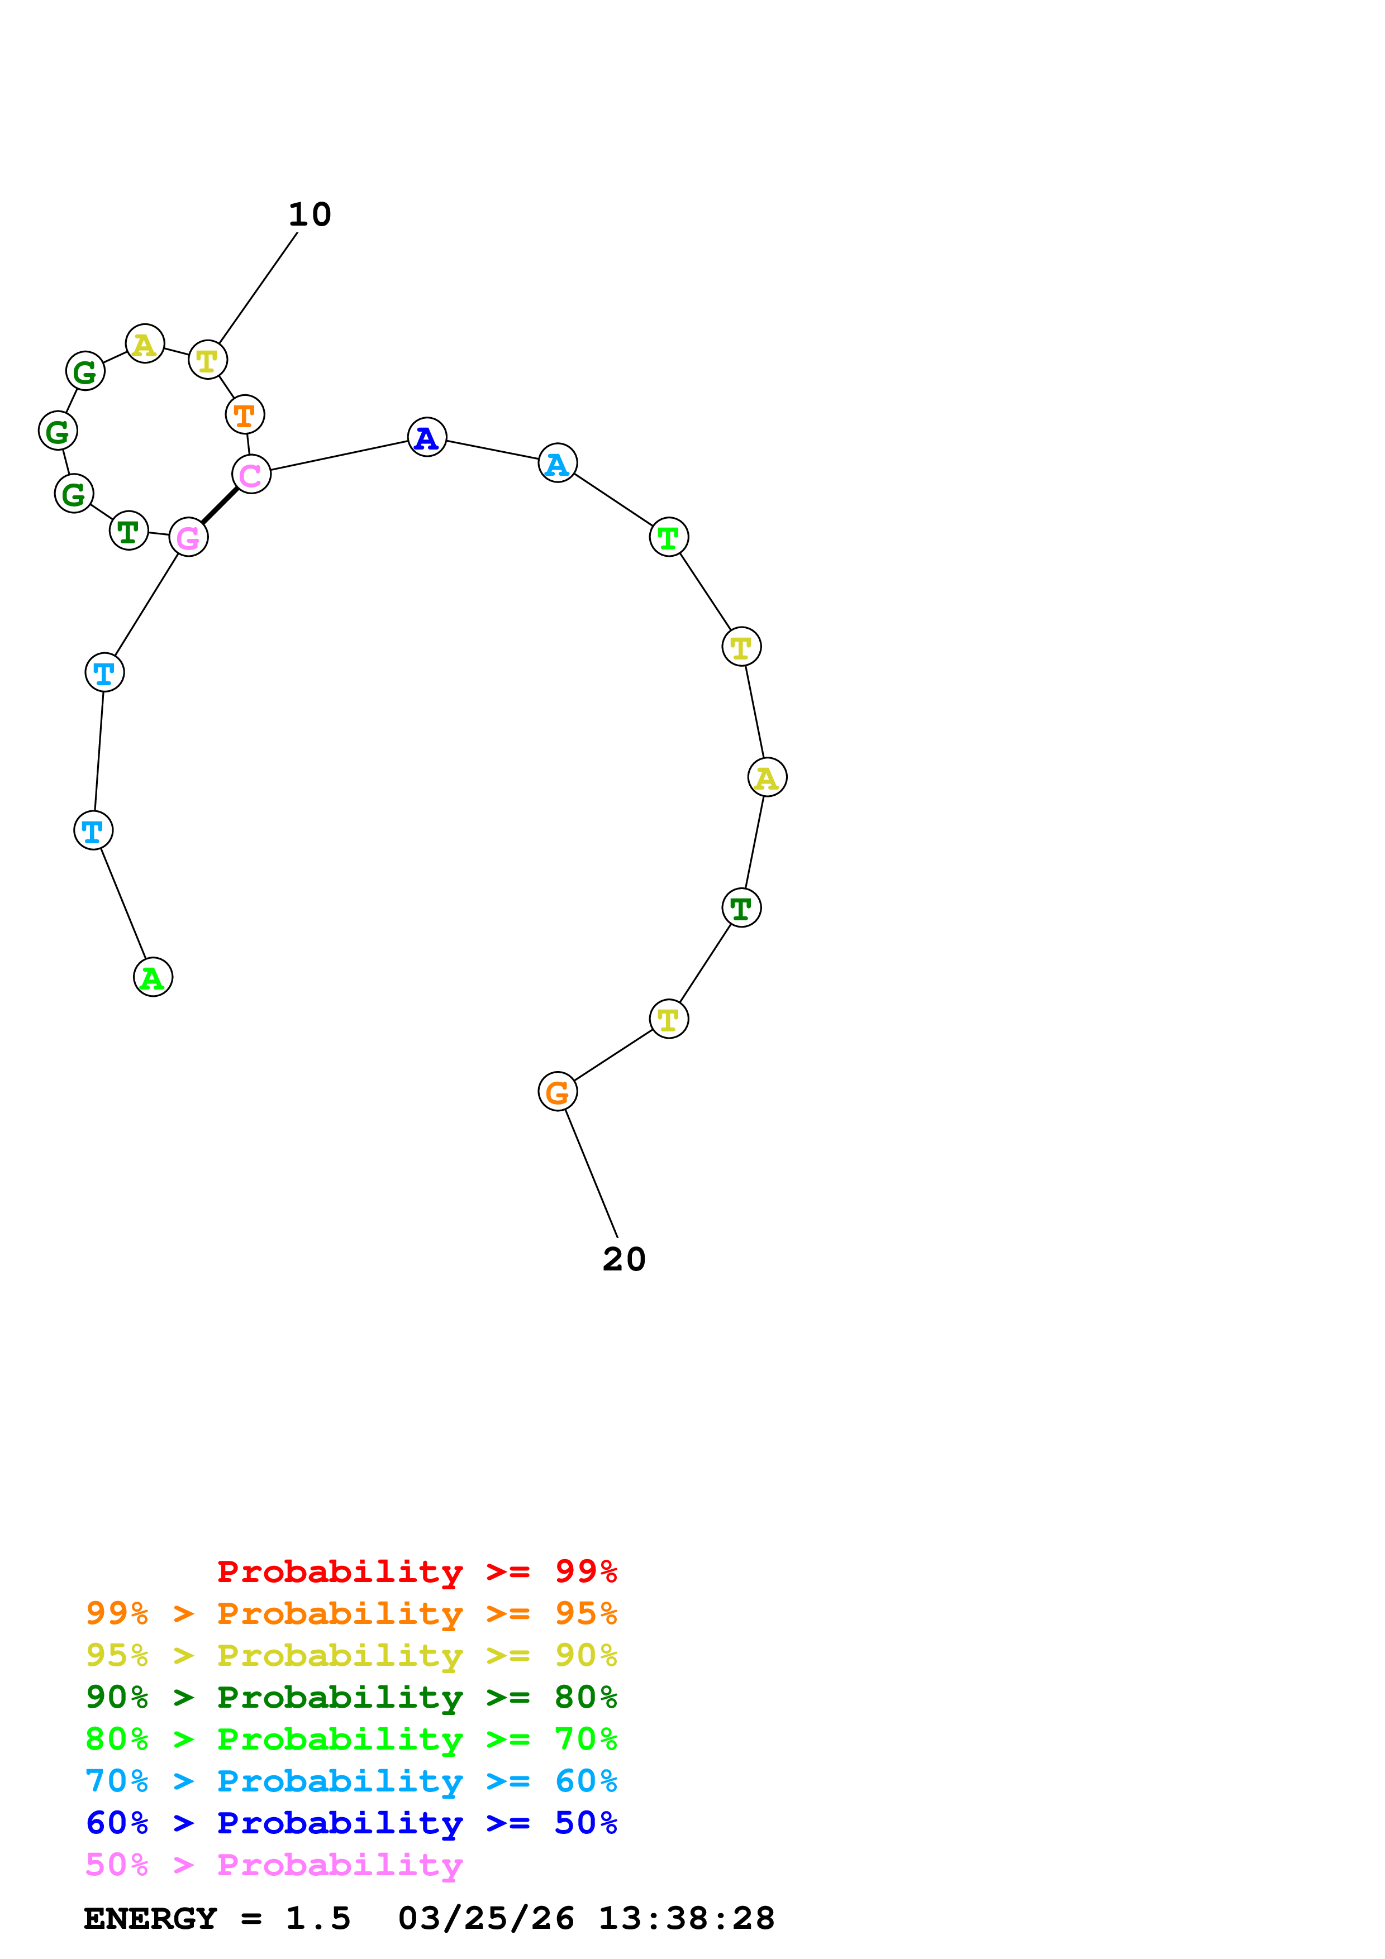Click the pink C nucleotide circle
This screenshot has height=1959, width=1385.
(251, 474)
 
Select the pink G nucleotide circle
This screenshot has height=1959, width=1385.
(189, 538)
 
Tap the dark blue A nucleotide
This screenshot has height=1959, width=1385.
(427, 438)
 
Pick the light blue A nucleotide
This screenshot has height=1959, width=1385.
(557, 464)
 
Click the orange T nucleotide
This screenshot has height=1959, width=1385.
(245, 415)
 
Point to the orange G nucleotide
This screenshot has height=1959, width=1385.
(557, 1092)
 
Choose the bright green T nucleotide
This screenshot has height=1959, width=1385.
(668, 538)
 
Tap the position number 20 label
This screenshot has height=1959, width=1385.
(624, 1259)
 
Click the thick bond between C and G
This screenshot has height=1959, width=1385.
(220, 506)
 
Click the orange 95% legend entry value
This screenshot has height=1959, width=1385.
(586, 1613)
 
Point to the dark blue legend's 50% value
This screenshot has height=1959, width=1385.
(586, 1823)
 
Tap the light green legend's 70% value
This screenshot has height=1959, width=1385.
(586, 1739)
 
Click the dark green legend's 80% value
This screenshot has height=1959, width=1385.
(586, 1697)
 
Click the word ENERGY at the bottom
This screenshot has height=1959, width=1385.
(150, 1919)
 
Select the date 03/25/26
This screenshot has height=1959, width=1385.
(486, 1919)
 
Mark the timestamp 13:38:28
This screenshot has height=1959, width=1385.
(686, 1919)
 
